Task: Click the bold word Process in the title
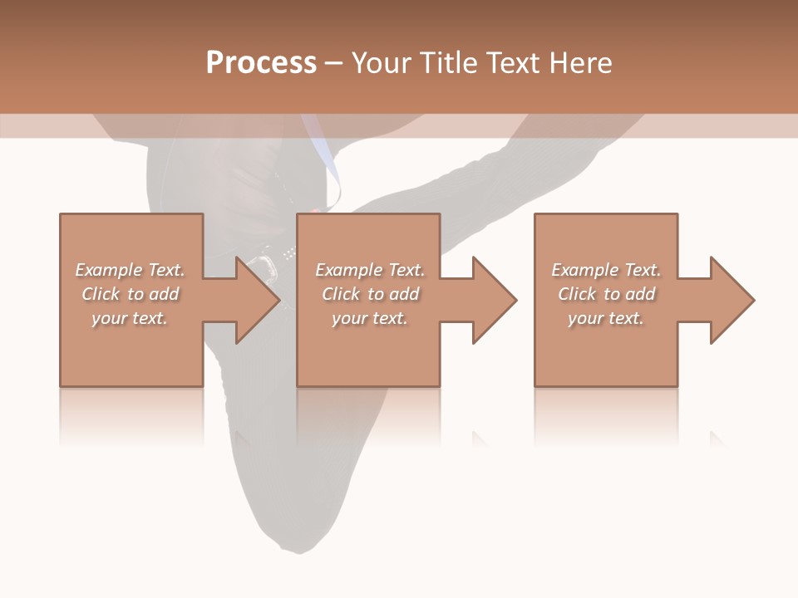point(261,62)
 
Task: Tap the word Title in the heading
point(447,62)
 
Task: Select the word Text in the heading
point(511,62)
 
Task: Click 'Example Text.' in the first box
point(131,270)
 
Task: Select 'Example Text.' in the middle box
point(370,270)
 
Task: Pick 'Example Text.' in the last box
point(606,270)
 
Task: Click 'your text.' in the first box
point(130,318)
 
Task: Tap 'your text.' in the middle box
point(369,318)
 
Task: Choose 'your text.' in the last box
point(606,318)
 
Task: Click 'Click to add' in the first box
point(131,294)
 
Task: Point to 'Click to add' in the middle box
point(370,294)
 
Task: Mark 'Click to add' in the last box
point(607,294)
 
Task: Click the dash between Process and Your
point(333,63)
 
